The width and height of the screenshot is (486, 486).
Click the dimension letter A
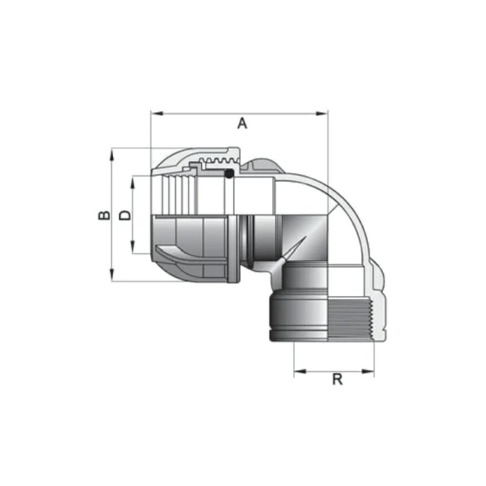point(242,123)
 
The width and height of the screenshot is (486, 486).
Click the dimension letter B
point(104,215)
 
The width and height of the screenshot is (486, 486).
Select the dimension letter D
point(125,215)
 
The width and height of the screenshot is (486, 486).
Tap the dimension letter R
point(337,379)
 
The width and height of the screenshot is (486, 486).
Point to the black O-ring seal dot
point(229,173)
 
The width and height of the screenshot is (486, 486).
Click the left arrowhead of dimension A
point(157,114)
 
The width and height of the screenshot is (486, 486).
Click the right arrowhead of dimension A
point(322,114)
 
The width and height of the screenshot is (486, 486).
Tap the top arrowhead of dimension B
point(112,155)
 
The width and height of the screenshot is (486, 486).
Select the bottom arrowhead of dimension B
point(112,275)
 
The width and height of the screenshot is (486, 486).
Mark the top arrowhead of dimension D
point(132,182)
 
